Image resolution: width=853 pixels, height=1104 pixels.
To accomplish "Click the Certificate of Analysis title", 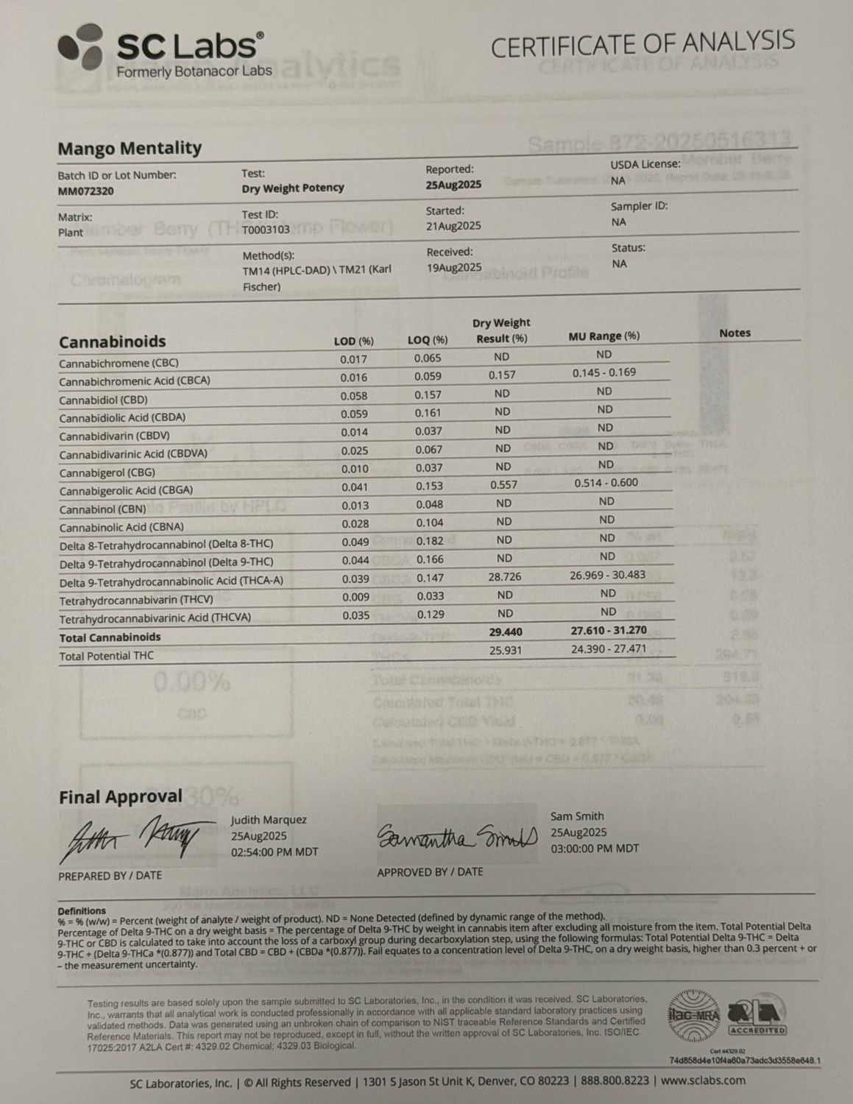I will click(x=643, y=45).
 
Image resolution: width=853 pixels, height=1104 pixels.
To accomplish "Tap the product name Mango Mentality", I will click(x=130, y=148).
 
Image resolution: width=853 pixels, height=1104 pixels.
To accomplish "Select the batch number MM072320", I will click(x=85, y=191).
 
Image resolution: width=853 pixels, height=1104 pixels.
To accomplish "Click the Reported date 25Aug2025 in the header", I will click(x=453, y=185).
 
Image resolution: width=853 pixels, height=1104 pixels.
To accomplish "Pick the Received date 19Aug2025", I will click(x=454, y=267).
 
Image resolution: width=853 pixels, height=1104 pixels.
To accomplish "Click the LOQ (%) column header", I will click(x=428, y=340).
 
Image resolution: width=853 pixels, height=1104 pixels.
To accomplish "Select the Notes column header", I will click(x=735, y=333).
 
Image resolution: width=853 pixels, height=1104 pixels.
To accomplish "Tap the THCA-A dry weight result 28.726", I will click(x=504, y=577).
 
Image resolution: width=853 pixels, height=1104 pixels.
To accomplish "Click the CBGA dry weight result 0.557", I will click(x=503, y=485).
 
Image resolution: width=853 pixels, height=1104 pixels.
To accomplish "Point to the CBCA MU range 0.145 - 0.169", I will click(x=604, y=372).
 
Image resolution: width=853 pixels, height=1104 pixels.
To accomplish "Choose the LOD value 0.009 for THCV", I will click(x=355, y=597).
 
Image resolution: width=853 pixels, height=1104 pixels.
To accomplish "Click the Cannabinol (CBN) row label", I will click(x=102, y=509).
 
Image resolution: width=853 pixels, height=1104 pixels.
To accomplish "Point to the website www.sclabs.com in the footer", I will click(x=703, y=1081).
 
